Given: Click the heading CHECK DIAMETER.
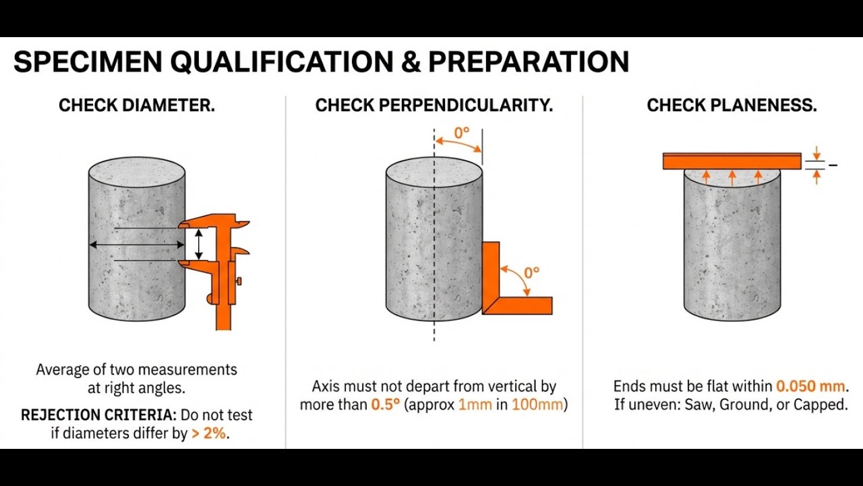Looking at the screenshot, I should (137, 106).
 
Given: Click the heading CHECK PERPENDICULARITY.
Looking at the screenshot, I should (434, 106).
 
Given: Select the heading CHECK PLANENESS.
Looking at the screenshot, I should (732, 106).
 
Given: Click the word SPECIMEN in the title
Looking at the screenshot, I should (88, 62).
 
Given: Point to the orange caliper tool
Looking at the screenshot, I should (222, 270).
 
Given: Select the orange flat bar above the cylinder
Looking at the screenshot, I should (732, 161).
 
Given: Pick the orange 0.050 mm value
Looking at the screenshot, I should (810, 387).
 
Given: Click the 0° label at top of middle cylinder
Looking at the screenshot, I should (461, 133).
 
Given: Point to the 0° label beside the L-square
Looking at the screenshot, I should (531, 273).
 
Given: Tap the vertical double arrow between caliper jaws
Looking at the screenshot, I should (198, 244).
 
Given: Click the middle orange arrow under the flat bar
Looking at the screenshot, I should (732, 177).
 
